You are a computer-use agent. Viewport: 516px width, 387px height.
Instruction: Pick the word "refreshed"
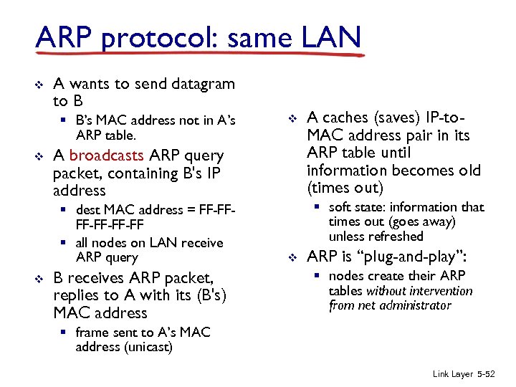[x=376, y=236]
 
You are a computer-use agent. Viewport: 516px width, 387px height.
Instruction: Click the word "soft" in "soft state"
[x=340, y=207]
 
